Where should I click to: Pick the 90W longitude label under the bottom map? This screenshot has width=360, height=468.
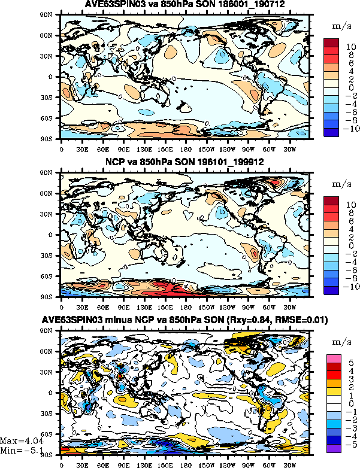click(x=247, y=463)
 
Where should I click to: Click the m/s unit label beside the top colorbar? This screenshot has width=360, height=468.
click(x=338, y=27)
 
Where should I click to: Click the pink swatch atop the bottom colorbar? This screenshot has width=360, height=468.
click(x=333, y=358)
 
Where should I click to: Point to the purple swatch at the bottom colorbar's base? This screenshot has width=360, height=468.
click(x=333, y=446)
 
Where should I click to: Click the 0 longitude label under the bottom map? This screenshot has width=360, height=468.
click(x=62, y=463)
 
